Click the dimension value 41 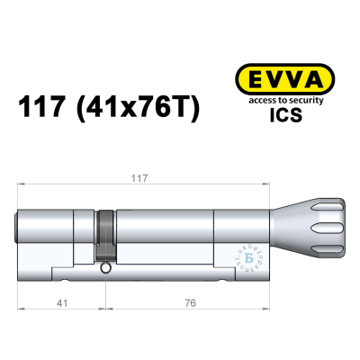tap(59, 304)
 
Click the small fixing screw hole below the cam tap(106, 267)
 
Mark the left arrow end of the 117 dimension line tap(20, 187)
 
